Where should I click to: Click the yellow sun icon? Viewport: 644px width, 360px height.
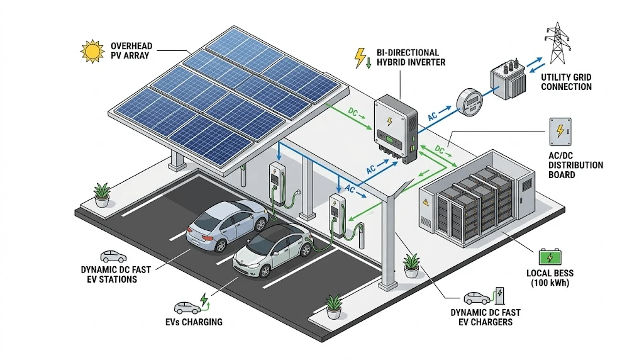point(92,52)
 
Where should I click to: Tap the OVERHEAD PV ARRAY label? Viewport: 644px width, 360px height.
point(131,50)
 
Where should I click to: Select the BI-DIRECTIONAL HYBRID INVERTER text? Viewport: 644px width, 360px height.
point(411,57)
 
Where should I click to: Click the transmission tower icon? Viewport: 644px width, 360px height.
point(557,43)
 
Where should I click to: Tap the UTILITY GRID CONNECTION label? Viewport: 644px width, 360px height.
point(566,82)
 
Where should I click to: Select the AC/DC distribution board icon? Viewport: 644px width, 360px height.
point(560,132)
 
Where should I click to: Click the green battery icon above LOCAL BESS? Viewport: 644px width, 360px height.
point(550,257)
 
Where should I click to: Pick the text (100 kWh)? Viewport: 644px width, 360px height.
point(550,283)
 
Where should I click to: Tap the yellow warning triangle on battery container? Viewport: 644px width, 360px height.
point(426,202)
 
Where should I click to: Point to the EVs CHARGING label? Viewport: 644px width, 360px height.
point(194,322)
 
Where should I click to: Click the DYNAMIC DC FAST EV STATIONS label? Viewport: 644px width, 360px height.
point(116,274)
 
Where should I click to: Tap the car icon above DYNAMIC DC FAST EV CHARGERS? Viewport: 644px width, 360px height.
point(477,297)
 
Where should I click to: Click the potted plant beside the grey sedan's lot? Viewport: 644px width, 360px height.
point(101,195)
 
